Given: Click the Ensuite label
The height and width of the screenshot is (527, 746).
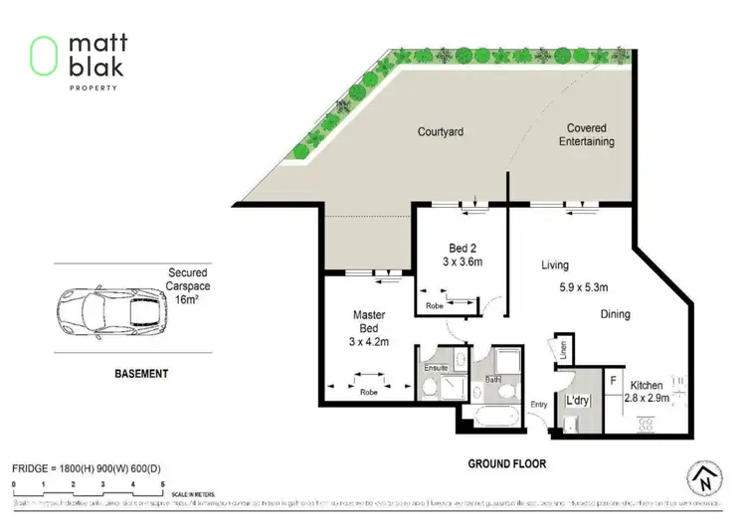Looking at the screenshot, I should (x=438, y=367).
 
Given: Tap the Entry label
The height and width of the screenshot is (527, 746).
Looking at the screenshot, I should (x=539, y=405).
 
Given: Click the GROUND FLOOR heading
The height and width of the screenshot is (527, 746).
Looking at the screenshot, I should (x=507, y=463).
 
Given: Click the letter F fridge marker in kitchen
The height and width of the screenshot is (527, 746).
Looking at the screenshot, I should (x=614, y=379).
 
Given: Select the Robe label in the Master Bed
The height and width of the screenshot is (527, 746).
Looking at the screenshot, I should (x=368, y=391).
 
